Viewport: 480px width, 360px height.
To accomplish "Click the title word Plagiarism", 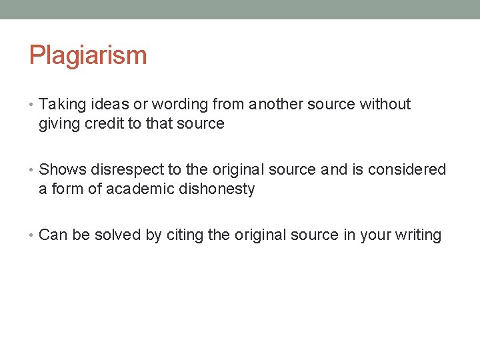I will click(87, 55).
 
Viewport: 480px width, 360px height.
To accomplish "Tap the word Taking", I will click(61, 105).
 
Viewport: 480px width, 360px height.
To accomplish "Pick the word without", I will click(385, 105).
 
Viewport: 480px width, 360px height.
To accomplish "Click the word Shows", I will click(63, 170).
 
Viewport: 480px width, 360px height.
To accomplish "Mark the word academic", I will click(119, 189).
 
